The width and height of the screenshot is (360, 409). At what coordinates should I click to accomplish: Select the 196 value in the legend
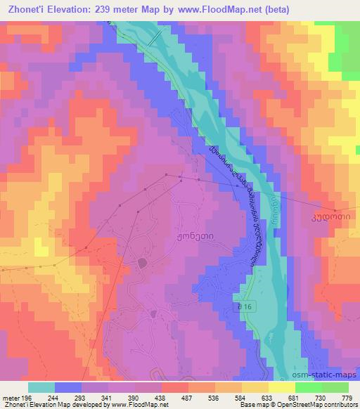(27, 397)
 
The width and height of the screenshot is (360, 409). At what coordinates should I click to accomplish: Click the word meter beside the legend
(9, 397)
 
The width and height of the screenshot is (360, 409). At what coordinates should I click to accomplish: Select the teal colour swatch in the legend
(41, 387)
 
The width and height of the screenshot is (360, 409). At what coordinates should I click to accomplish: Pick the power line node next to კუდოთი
(337, 209)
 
